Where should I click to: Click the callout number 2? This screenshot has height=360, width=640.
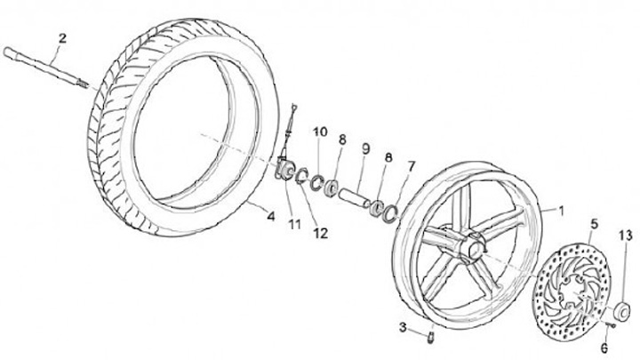tap(61, 37)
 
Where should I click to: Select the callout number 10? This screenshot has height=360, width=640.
tap(319, 133)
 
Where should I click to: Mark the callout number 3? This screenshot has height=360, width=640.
tap(403, 328)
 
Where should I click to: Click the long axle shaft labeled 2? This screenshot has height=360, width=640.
tap(44, 64)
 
